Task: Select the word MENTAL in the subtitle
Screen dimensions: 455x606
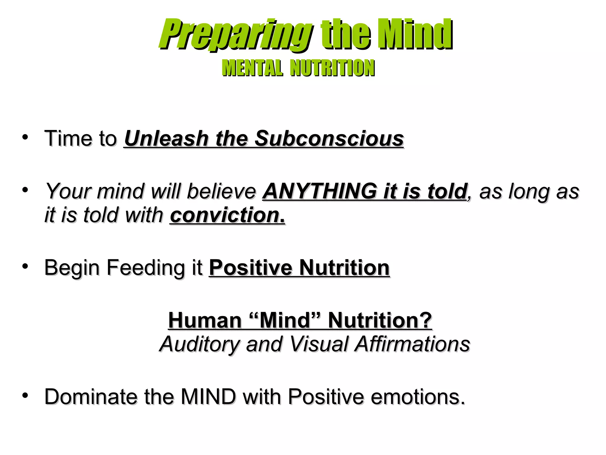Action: point(252,68)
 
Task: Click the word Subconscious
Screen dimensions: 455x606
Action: point(329,139)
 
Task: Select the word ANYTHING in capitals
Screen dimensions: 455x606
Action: point(320,191)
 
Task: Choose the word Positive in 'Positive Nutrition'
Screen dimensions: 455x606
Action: point(251,268)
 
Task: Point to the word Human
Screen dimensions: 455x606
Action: point(205,321)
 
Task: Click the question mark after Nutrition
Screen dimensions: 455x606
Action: point(426,321)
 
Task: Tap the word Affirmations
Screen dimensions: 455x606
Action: point(413,344)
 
